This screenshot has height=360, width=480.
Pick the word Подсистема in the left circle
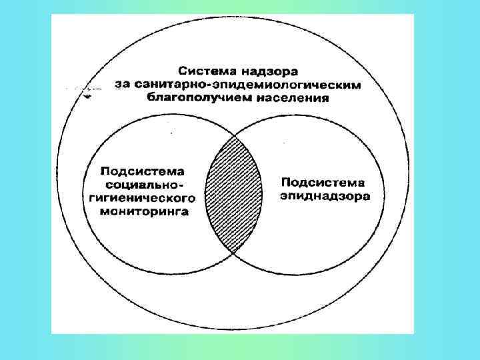[143, 170]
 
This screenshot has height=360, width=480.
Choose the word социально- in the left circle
[143, 184]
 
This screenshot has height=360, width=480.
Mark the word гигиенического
[143, 198]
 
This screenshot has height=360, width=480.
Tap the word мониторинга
[143, 212]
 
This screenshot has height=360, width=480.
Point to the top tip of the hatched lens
[233, 135]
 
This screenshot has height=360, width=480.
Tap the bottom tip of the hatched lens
[233, 253]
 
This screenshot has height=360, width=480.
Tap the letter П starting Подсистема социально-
[105, 170]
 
